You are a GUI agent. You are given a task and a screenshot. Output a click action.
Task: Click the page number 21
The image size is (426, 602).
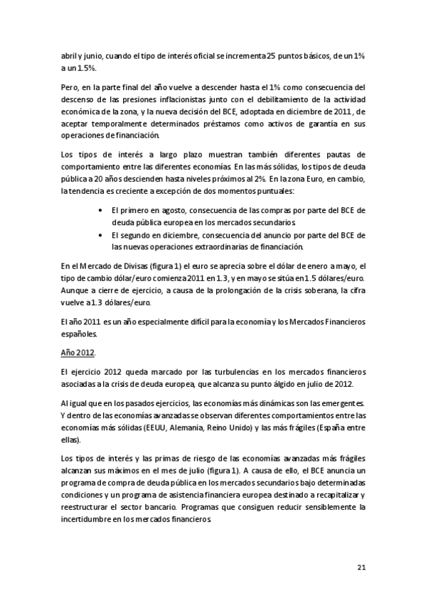360,567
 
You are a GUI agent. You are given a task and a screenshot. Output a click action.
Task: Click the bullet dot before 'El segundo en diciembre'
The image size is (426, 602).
103,235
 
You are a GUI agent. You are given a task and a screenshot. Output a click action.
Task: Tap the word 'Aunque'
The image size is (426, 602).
75,290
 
